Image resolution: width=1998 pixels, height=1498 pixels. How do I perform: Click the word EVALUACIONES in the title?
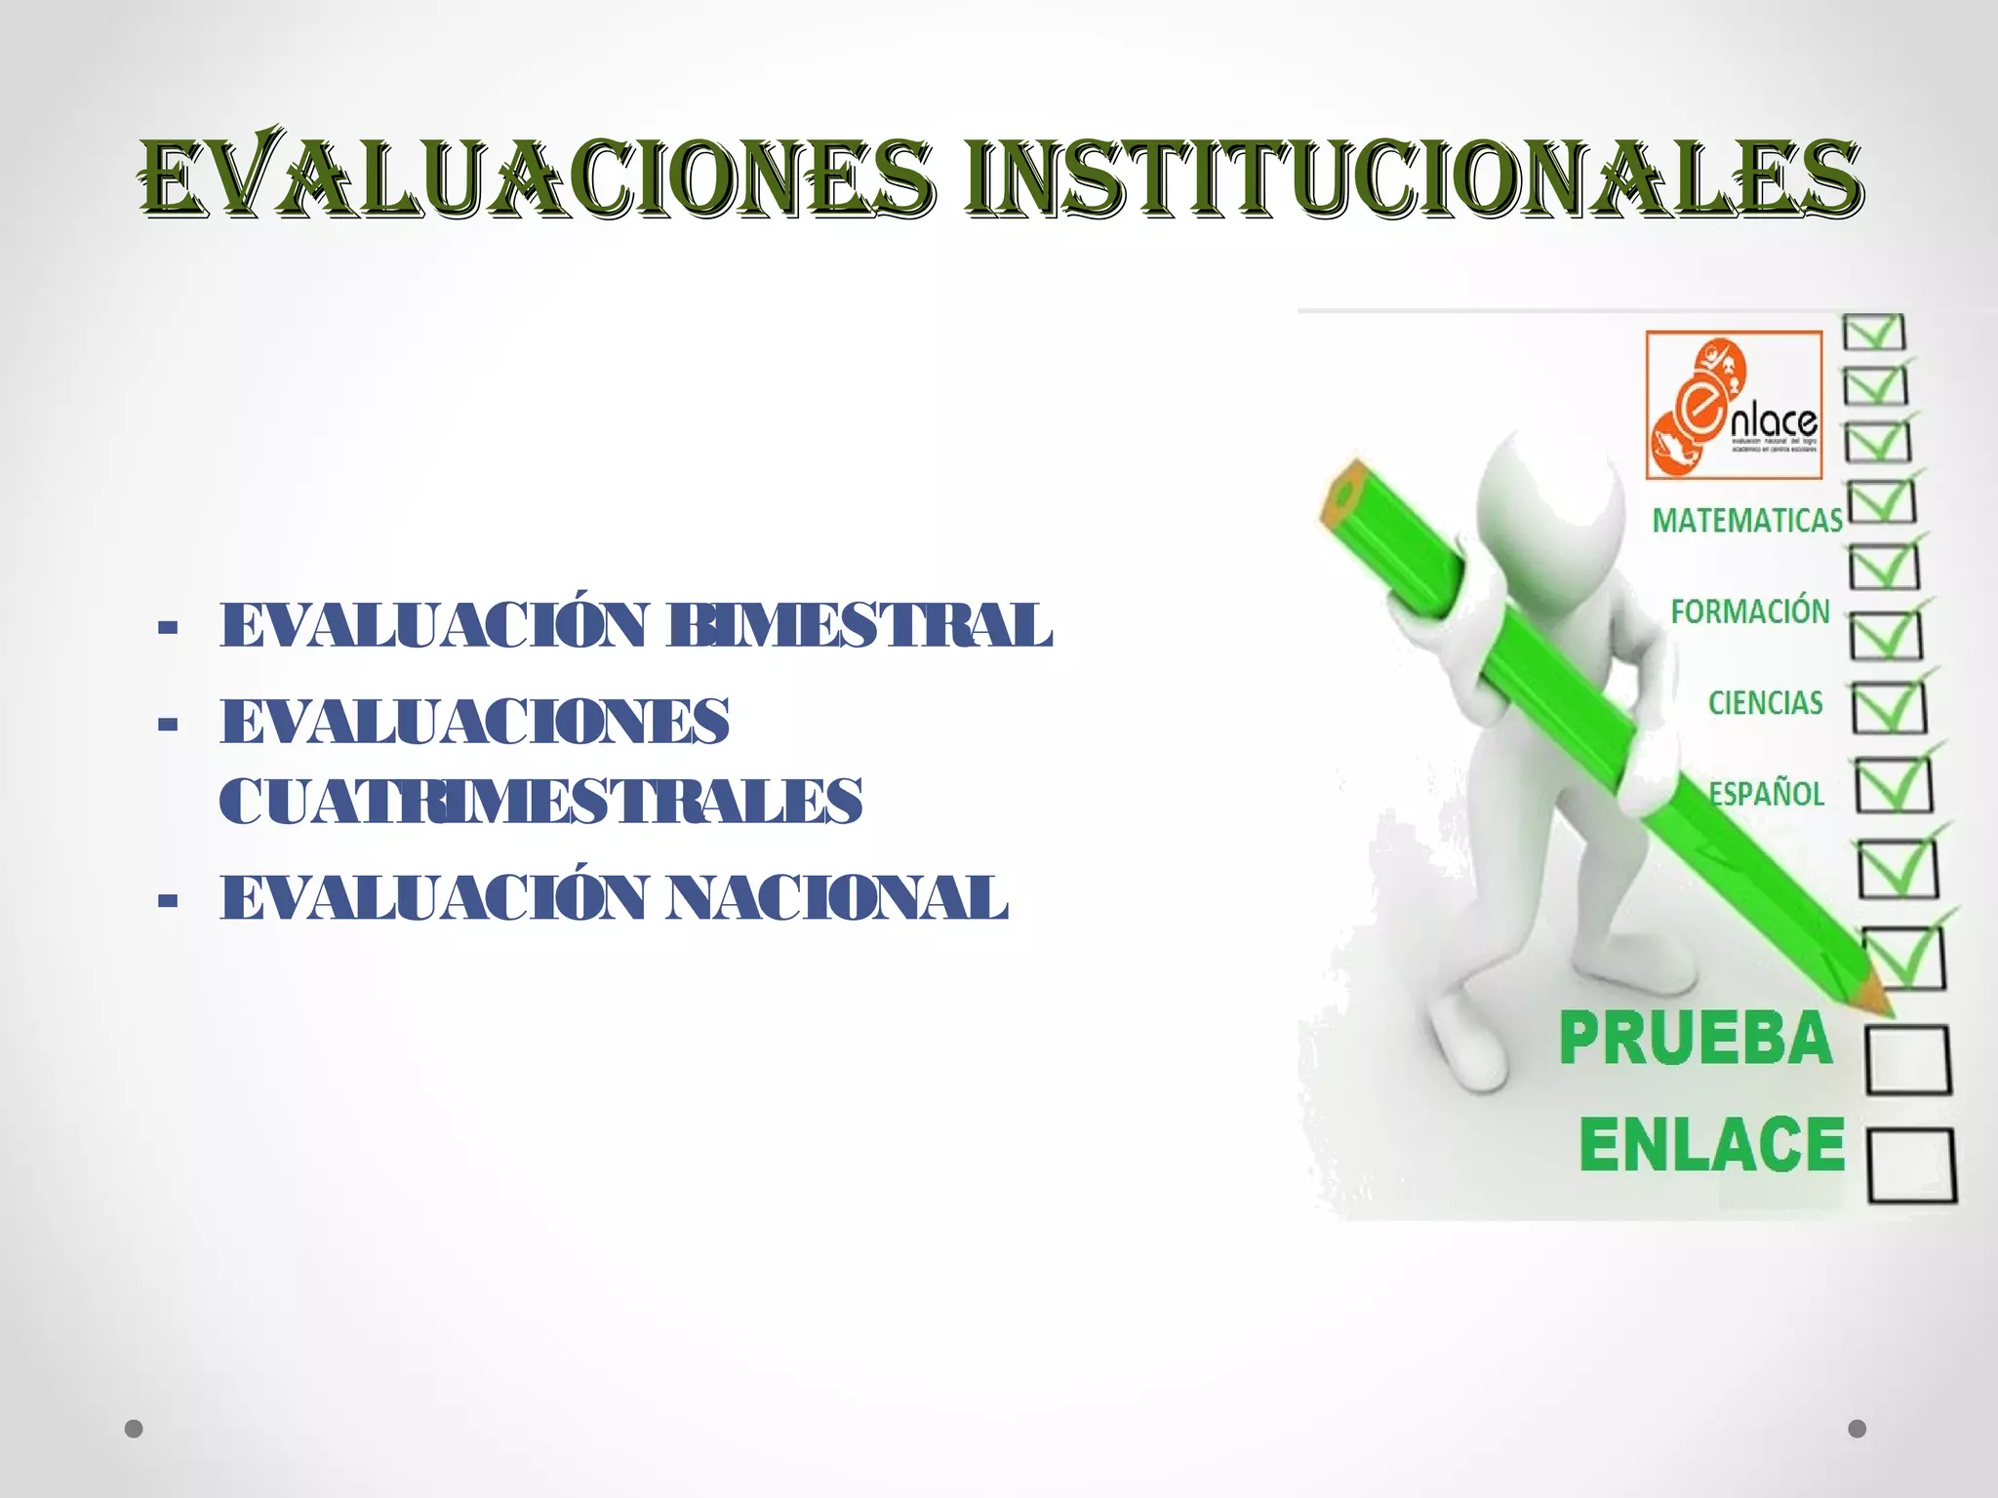[537, 178]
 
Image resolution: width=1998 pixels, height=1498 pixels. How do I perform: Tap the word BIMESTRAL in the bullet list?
[859, 625]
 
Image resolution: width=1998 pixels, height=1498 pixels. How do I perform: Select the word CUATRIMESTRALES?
[540, 802]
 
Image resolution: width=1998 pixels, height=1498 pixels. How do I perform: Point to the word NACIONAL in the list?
[837, 898]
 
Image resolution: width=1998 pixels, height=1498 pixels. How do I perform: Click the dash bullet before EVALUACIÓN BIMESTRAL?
[168, 628]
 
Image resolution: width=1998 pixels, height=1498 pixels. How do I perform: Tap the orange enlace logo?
[1734, 405]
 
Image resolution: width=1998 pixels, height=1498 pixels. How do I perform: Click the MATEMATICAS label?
[1746, 521]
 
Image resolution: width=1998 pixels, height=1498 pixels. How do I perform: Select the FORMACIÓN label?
[1750, 612]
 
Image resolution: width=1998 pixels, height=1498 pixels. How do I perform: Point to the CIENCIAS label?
[1765, 703]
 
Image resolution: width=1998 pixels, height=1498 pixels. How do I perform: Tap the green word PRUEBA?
[1696, 1039]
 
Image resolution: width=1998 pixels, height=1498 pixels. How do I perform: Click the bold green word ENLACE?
[1712, 1145]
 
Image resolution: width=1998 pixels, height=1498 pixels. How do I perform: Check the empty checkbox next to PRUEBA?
[1908, 1059]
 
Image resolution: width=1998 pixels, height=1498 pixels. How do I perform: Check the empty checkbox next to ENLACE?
[1912, 1165]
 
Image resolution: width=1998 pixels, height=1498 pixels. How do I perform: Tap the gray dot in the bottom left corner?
[135, 1429]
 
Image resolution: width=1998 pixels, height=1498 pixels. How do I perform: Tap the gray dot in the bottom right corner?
[1858, 1429]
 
